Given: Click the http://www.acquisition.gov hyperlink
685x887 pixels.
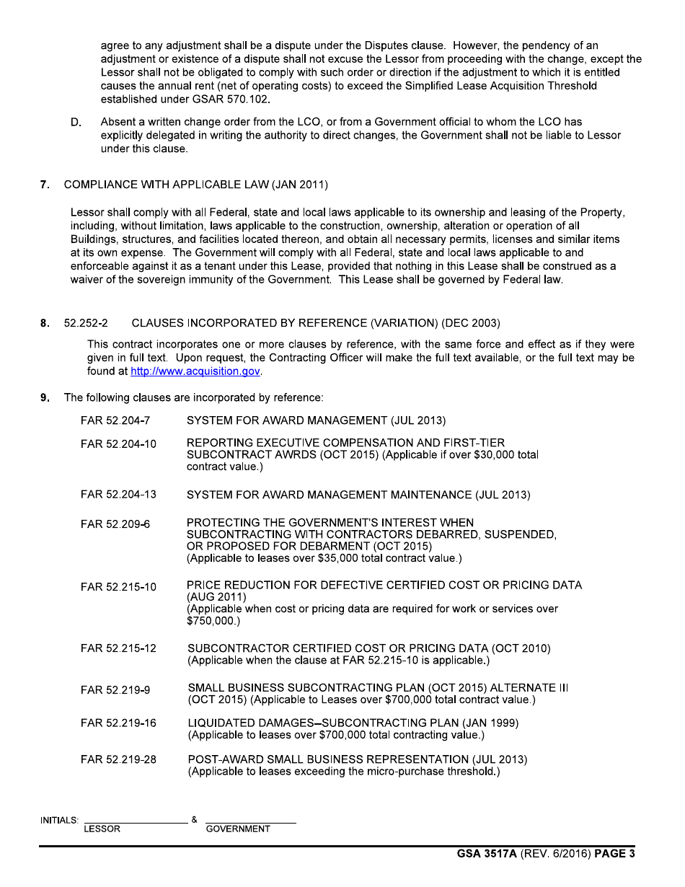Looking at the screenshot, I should point(195,371).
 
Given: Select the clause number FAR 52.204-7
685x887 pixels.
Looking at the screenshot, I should point(115,420).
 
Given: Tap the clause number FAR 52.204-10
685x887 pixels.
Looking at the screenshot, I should point(118,444).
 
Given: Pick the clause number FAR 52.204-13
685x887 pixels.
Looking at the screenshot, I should point(118,495).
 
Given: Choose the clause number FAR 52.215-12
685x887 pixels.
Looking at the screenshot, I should point(118,648).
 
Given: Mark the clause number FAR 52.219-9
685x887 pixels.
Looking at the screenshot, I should point(115,690).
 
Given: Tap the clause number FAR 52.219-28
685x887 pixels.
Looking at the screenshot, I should point(118,759).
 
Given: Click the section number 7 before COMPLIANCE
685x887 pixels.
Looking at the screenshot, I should point(45,185).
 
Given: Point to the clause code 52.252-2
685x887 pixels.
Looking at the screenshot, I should point(86,323).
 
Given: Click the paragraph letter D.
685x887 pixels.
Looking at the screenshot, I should point(76,123).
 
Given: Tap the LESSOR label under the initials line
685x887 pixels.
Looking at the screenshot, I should point(102,829).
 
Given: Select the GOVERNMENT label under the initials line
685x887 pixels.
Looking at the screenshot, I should point(238,829).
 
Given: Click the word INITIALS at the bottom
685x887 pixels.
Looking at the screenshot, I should point(59,821).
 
